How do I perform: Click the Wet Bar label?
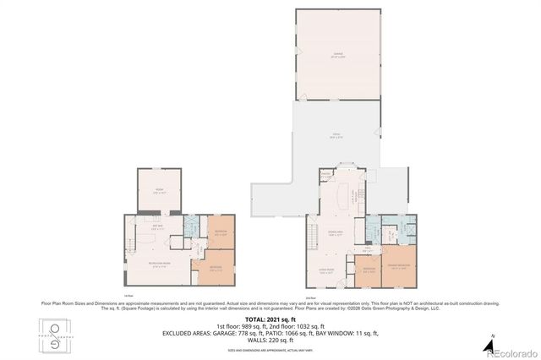pyautogui.click(x=157, y=226)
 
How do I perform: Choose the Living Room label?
pyautogui.click(x=325, y=271)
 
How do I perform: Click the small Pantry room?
pyautogui.click(x=325, y=177)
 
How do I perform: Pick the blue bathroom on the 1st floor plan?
pyautogui.click(x=191, y=229)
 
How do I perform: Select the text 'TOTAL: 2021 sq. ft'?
pyautogui.click(x=270, y=319)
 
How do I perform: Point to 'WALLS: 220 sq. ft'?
pyautogui.click(x=270, y=340)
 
